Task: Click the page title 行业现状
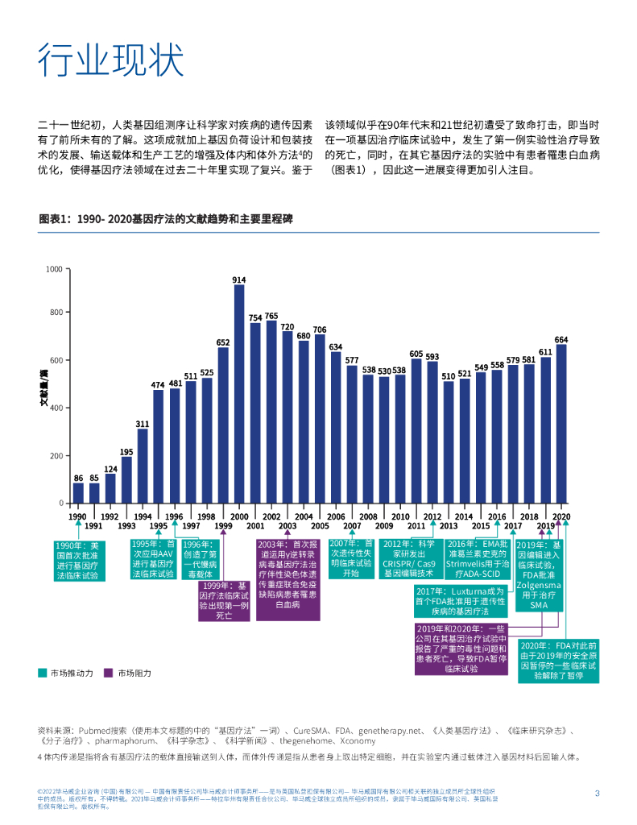(x=111, y=60)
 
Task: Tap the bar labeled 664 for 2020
(x=560, y=424)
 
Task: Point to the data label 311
(x=143, y=423)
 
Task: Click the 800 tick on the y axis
(x=55, y=313)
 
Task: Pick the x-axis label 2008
(x=368, y=516)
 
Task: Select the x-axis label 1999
(x=223, y=526)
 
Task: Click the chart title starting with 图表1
(x=163, y=218)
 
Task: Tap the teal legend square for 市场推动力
(x=42, y=672)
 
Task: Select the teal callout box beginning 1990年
(x=78, y=560)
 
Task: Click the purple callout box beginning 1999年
(x=223, y=600)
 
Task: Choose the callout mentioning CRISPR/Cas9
(x=413, y=558)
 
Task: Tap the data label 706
(x=320, y=330)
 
